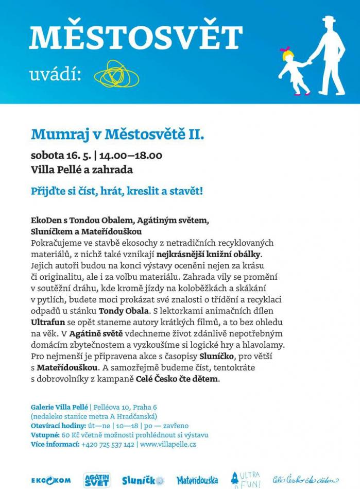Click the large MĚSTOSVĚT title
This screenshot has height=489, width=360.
(x=135, y=37)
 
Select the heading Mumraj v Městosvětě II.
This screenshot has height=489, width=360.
(x=118, y=135)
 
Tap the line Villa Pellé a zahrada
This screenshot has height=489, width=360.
(x=82, y=169)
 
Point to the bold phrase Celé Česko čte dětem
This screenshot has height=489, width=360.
(x=177, y=379)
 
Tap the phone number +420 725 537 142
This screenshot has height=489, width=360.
(x=108, y=444)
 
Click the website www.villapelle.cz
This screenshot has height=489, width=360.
(x=168, y=444)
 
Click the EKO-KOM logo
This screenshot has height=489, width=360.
(x=51, y=480)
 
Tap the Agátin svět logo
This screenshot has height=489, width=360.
(x=96, y=479)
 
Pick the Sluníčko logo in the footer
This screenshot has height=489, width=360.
(x=143, y=480)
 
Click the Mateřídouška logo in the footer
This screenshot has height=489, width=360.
(x=197, y=480)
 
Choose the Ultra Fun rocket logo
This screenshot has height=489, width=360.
(x=246, y=479)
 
